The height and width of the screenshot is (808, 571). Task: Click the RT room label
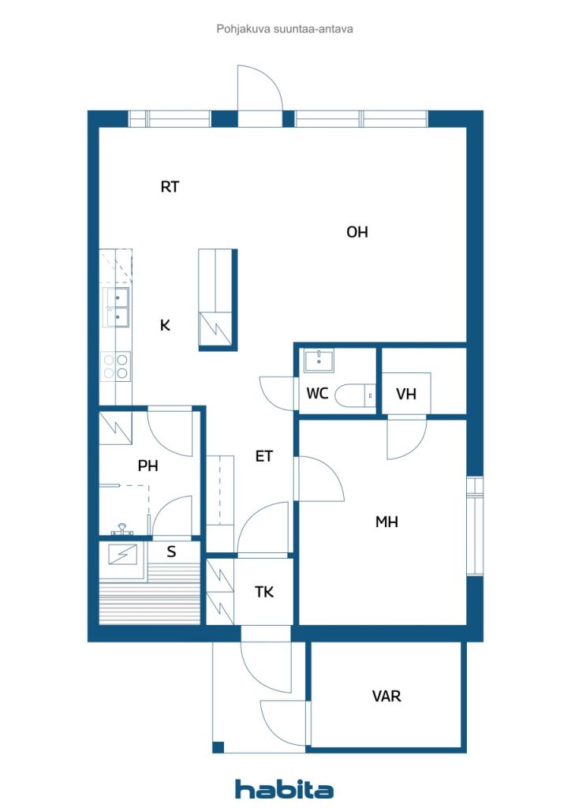170,186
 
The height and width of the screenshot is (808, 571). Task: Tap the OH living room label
357,232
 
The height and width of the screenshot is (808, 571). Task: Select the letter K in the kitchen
165,325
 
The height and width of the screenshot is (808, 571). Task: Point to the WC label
317,394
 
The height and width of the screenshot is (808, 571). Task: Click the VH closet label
405,395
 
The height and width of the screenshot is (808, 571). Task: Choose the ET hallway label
263,456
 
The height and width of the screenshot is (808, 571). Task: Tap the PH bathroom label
147,466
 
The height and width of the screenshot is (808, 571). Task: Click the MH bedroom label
386,522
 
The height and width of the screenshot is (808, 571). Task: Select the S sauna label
171,552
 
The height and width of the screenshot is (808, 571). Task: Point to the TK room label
264,592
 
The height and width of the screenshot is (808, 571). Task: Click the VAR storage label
386,696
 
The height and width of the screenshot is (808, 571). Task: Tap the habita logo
284,789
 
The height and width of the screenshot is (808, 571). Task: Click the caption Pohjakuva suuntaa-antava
285,29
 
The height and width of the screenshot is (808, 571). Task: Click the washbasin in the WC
319,361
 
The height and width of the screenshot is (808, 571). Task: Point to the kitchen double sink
116,308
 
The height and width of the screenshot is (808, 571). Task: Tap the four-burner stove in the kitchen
116,366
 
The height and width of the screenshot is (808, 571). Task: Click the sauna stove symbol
123,555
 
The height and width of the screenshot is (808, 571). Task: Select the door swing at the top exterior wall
260,88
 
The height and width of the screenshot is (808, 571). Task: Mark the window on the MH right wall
475,526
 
